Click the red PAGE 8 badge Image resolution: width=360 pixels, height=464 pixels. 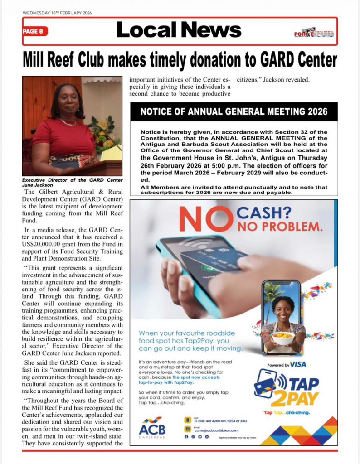pyautogui.click(x=35, y=31)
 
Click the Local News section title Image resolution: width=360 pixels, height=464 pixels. pyautogui.click(x=179, y=30)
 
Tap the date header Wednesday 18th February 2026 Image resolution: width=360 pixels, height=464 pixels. pyautogui.click(x=57, y=13)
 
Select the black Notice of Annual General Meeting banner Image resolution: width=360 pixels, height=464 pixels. pyautogui.click(x=234, y=111)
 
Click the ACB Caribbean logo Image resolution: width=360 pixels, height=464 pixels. pyautogui.click(x=152, y=426)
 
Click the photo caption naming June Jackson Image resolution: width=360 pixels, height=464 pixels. pyautogui.click(x=72, y=183)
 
